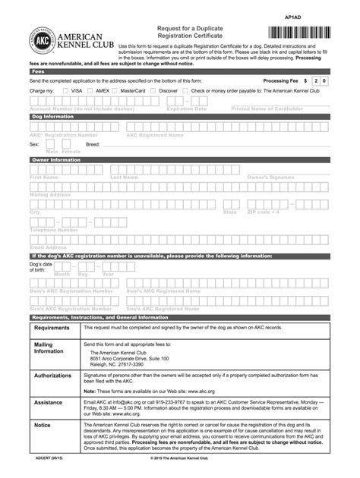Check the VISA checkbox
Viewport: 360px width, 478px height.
click(x=66, y=91)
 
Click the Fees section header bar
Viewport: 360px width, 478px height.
click(x=180, y=70)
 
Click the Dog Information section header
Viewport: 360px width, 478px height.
click(x=180, y=118)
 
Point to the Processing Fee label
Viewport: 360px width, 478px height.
click(x=280, y=80)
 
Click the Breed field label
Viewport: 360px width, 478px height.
click(x=71, y=143)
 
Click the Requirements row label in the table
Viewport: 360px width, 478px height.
click(x=51, y=329)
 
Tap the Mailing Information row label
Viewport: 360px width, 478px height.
click(x=49, y=348)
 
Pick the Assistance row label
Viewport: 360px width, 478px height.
click(x=48, y=403)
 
